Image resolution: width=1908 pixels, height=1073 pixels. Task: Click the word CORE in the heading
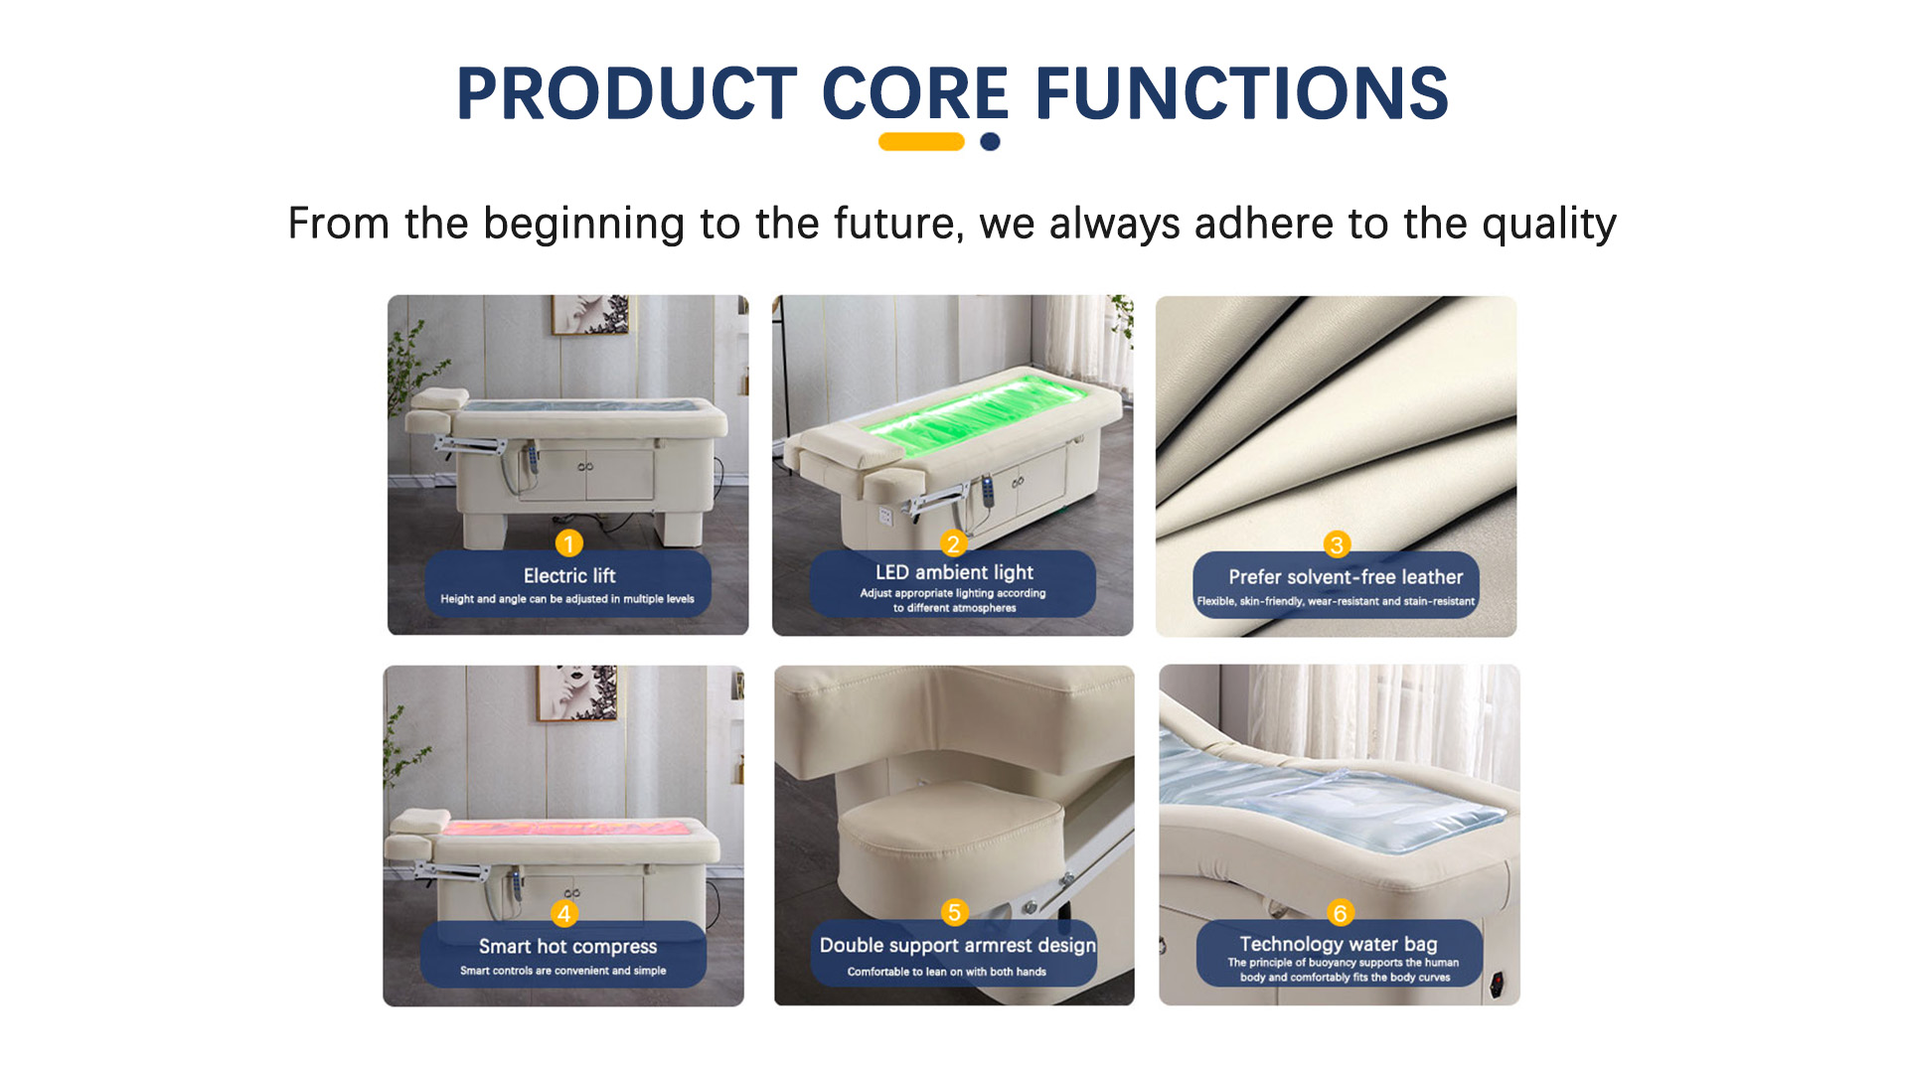pyautogui.click(x=915, y=94)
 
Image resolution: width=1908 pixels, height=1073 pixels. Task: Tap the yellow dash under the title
pyautogui.click(x=921, y=142)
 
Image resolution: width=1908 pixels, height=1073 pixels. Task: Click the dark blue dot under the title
pyautogui.click(x=990, y=142)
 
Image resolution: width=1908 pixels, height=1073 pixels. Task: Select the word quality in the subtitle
pyautogui.click(x=1549, y=226)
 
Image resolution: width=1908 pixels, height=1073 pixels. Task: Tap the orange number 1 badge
pyautogui.click(x=568, y=543)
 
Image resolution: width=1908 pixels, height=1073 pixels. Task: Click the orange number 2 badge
pyautogui.click(x=953, y=543)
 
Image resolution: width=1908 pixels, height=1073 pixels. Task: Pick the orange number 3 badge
pyautogui.click(x=1337, y=544)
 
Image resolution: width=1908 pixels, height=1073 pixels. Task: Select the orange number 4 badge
pyautogui.click(x=564, y=914)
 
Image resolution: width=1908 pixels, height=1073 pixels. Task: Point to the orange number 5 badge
pyautogui.click(x=954, y=912)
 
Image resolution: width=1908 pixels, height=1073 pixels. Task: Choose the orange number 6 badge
pyautogui.click(x=1340, y=913)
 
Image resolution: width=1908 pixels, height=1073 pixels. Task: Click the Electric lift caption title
pyautogui.click(x=569, y=576)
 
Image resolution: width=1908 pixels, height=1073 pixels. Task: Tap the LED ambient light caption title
pyautogui.click(x=954, y=573)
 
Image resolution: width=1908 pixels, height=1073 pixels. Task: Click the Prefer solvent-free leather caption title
pyautogui.click(x=1346, y=577)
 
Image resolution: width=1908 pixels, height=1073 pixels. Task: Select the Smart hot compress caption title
pyautogui.click(x=567, y=947)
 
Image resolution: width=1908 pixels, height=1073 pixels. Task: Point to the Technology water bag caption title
pyautogui.click(x=1339, y=944)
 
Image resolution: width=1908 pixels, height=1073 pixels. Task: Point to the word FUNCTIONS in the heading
pyautogui.click(x=1241, y=94)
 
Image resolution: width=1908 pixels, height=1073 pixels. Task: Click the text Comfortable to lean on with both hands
pyautogui.click(x=946, y=972)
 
